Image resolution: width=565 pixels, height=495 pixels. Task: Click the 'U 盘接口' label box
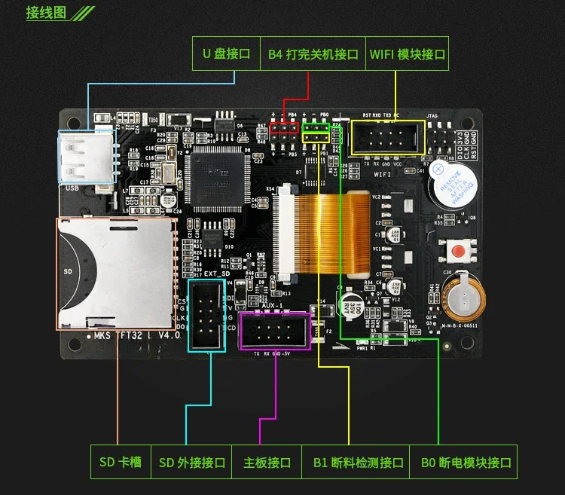point(225,54)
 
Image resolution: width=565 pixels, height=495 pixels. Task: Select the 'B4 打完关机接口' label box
point(313,54)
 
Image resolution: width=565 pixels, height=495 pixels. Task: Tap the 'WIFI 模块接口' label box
point(407,54)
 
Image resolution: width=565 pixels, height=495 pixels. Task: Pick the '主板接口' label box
point(267,462)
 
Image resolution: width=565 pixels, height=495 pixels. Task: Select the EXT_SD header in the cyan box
point(206,314)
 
